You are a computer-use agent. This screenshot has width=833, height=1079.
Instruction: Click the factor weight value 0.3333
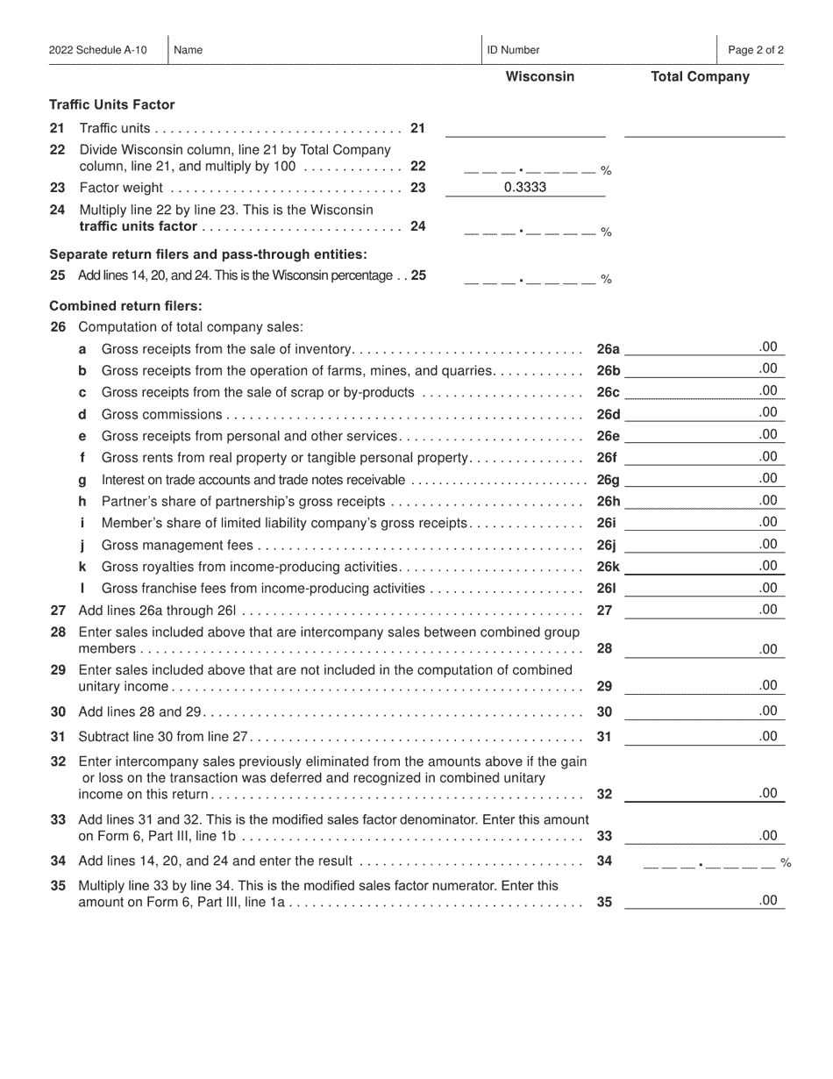click(525, 187)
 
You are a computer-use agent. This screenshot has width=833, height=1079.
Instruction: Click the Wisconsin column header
click(540, 76)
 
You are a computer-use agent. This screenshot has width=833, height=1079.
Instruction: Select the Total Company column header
click(700, 76)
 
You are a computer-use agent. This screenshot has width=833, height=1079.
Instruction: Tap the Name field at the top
click(324, 50)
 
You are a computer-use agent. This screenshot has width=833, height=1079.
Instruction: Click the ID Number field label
click(513, 50)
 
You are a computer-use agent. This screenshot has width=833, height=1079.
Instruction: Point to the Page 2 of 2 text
click(756, 50)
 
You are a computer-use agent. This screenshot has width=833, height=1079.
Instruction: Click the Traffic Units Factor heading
click(111, 104)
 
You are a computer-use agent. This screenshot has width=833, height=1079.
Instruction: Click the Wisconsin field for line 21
click(525, 130)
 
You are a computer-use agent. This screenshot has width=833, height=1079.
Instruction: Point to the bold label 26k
click(608, 567)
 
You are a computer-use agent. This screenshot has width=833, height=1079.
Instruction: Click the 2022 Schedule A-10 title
click(98, 50)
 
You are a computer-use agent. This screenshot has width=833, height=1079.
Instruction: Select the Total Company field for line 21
click(704, 130)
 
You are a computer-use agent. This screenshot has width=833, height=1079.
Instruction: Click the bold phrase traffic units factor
click(138, 226)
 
